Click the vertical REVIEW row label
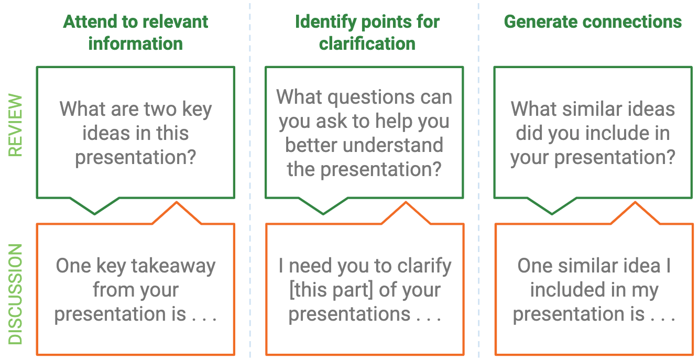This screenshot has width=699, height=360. (x=16, y=126)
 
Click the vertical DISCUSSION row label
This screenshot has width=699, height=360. (x=16, y=294)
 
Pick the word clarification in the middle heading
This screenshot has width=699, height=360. (x=367, y=43)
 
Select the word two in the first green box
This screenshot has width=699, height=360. (x=158, y=110)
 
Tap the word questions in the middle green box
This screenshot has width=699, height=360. (x=365, y=97)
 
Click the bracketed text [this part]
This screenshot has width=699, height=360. (x=329, y=290)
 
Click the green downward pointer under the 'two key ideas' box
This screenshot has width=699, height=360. (x=95, y=207)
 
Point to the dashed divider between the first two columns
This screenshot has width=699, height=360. (x=249, y=178)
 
